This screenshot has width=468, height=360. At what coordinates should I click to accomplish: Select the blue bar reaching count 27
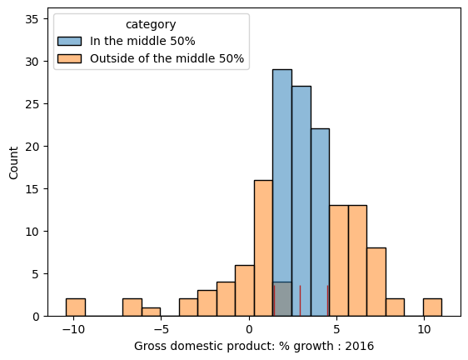coord(301,200)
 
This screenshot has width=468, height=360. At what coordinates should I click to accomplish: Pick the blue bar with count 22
coord(320,222)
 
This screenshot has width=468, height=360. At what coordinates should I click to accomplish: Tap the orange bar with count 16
coord(263,248)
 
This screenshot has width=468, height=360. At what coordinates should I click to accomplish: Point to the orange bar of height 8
coord(376,282)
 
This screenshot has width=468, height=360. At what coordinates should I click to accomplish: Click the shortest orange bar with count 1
coord(151,312)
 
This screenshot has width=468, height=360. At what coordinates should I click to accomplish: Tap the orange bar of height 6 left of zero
coord(244,291)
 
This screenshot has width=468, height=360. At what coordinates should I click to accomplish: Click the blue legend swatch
coord(69,42)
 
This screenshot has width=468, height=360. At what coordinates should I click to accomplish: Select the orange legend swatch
coord(69,58)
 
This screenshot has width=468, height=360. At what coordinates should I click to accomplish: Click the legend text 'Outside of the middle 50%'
coord(167,58)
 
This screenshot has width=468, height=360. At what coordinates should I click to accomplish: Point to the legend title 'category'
coord(150,25)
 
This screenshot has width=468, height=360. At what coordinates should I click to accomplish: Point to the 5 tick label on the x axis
coord(337,328)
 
